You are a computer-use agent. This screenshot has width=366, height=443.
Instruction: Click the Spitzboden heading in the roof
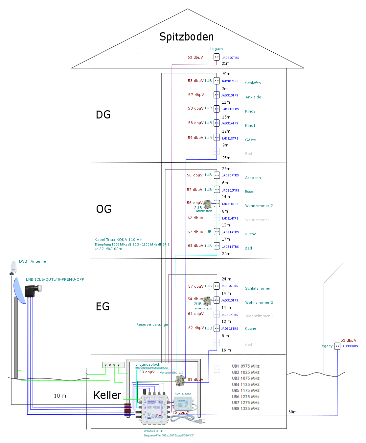186,37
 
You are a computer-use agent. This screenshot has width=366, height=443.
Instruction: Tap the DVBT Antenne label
32,261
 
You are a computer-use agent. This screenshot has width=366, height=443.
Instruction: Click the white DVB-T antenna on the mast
13,267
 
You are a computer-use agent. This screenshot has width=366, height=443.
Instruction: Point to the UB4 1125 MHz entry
245,384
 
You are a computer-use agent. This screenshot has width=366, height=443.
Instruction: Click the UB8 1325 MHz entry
245,408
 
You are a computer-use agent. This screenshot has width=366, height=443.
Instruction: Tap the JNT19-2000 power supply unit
183,403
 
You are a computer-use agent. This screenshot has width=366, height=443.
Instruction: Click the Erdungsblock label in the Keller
148,364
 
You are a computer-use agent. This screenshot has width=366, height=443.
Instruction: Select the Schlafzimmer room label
258,288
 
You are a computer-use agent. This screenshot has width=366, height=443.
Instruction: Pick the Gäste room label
250,140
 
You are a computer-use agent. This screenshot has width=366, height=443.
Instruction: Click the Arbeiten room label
253,178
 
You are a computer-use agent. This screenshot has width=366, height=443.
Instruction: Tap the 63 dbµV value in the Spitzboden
195,57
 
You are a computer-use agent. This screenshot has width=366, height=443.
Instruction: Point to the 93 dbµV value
147,372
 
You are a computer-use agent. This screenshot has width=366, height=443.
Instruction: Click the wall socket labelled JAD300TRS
337,346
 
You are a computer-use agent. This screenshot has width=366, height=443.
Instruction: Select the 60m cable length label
292,412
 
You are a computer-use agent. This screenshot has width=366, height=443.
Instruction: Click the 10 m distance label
60,396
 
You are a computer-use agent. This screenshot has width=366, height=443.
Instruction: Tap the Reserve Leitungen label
153,325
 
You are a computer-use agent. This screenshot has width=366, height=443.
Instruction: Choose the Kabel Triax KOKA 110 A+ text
118,240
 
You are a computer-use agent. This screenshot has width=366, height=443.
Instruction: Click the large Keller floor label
107,395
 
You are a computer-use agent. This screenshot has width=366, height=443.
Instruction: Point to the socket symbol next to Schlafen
217,81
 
